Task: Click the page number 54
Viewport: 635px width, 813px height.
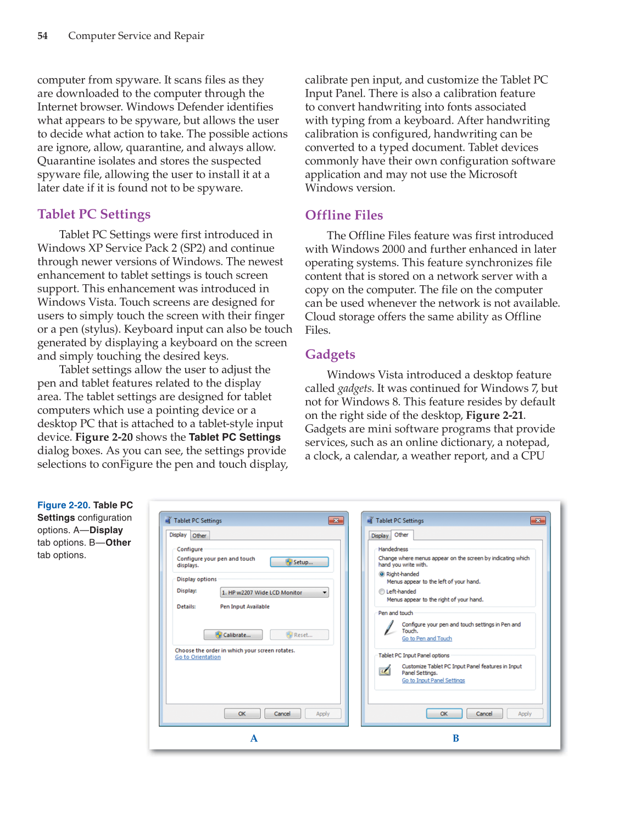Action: pos(42,36)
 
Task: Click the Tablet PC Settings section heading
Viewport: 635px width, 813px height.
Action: pos(94,214)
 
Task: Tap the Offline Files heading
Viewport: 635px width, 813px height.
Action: pos(344,215)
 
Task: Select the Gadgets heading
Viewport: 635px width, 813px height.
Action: pos(330,355)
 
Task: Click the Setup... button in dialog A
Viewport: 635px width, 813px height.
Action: pos(299,562)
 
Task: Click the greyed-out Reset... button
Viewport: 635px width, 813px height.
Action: pos(299,635)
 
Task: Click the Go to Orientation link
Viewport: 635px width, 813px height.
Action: pos(198,657)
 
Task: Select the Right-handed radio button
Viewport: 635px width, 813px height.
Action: pos(382,574)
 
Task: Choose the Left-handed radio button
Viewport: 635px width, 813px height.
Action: pos(382,591)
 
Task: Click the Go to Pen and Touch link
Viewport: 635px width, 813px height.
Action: pos(427,639)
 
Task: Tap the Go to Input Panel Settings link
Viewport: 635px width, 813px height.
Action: pos(433,681)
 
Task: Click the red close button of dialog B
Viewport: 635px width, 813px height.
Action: pos(538,521)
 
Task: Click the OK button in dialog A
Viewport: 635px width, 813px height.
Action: pos(242,714)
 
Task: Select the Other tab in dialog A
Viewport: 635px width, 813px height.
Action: pos(199,535)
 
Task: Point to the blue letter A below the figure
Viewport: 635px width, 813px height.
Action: pos(254,738)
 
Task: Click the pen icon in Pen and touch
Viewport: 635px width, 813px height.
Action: pos(389,628)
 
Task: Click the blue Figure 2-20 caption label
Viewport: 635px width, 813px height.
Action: pos(64,505)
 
